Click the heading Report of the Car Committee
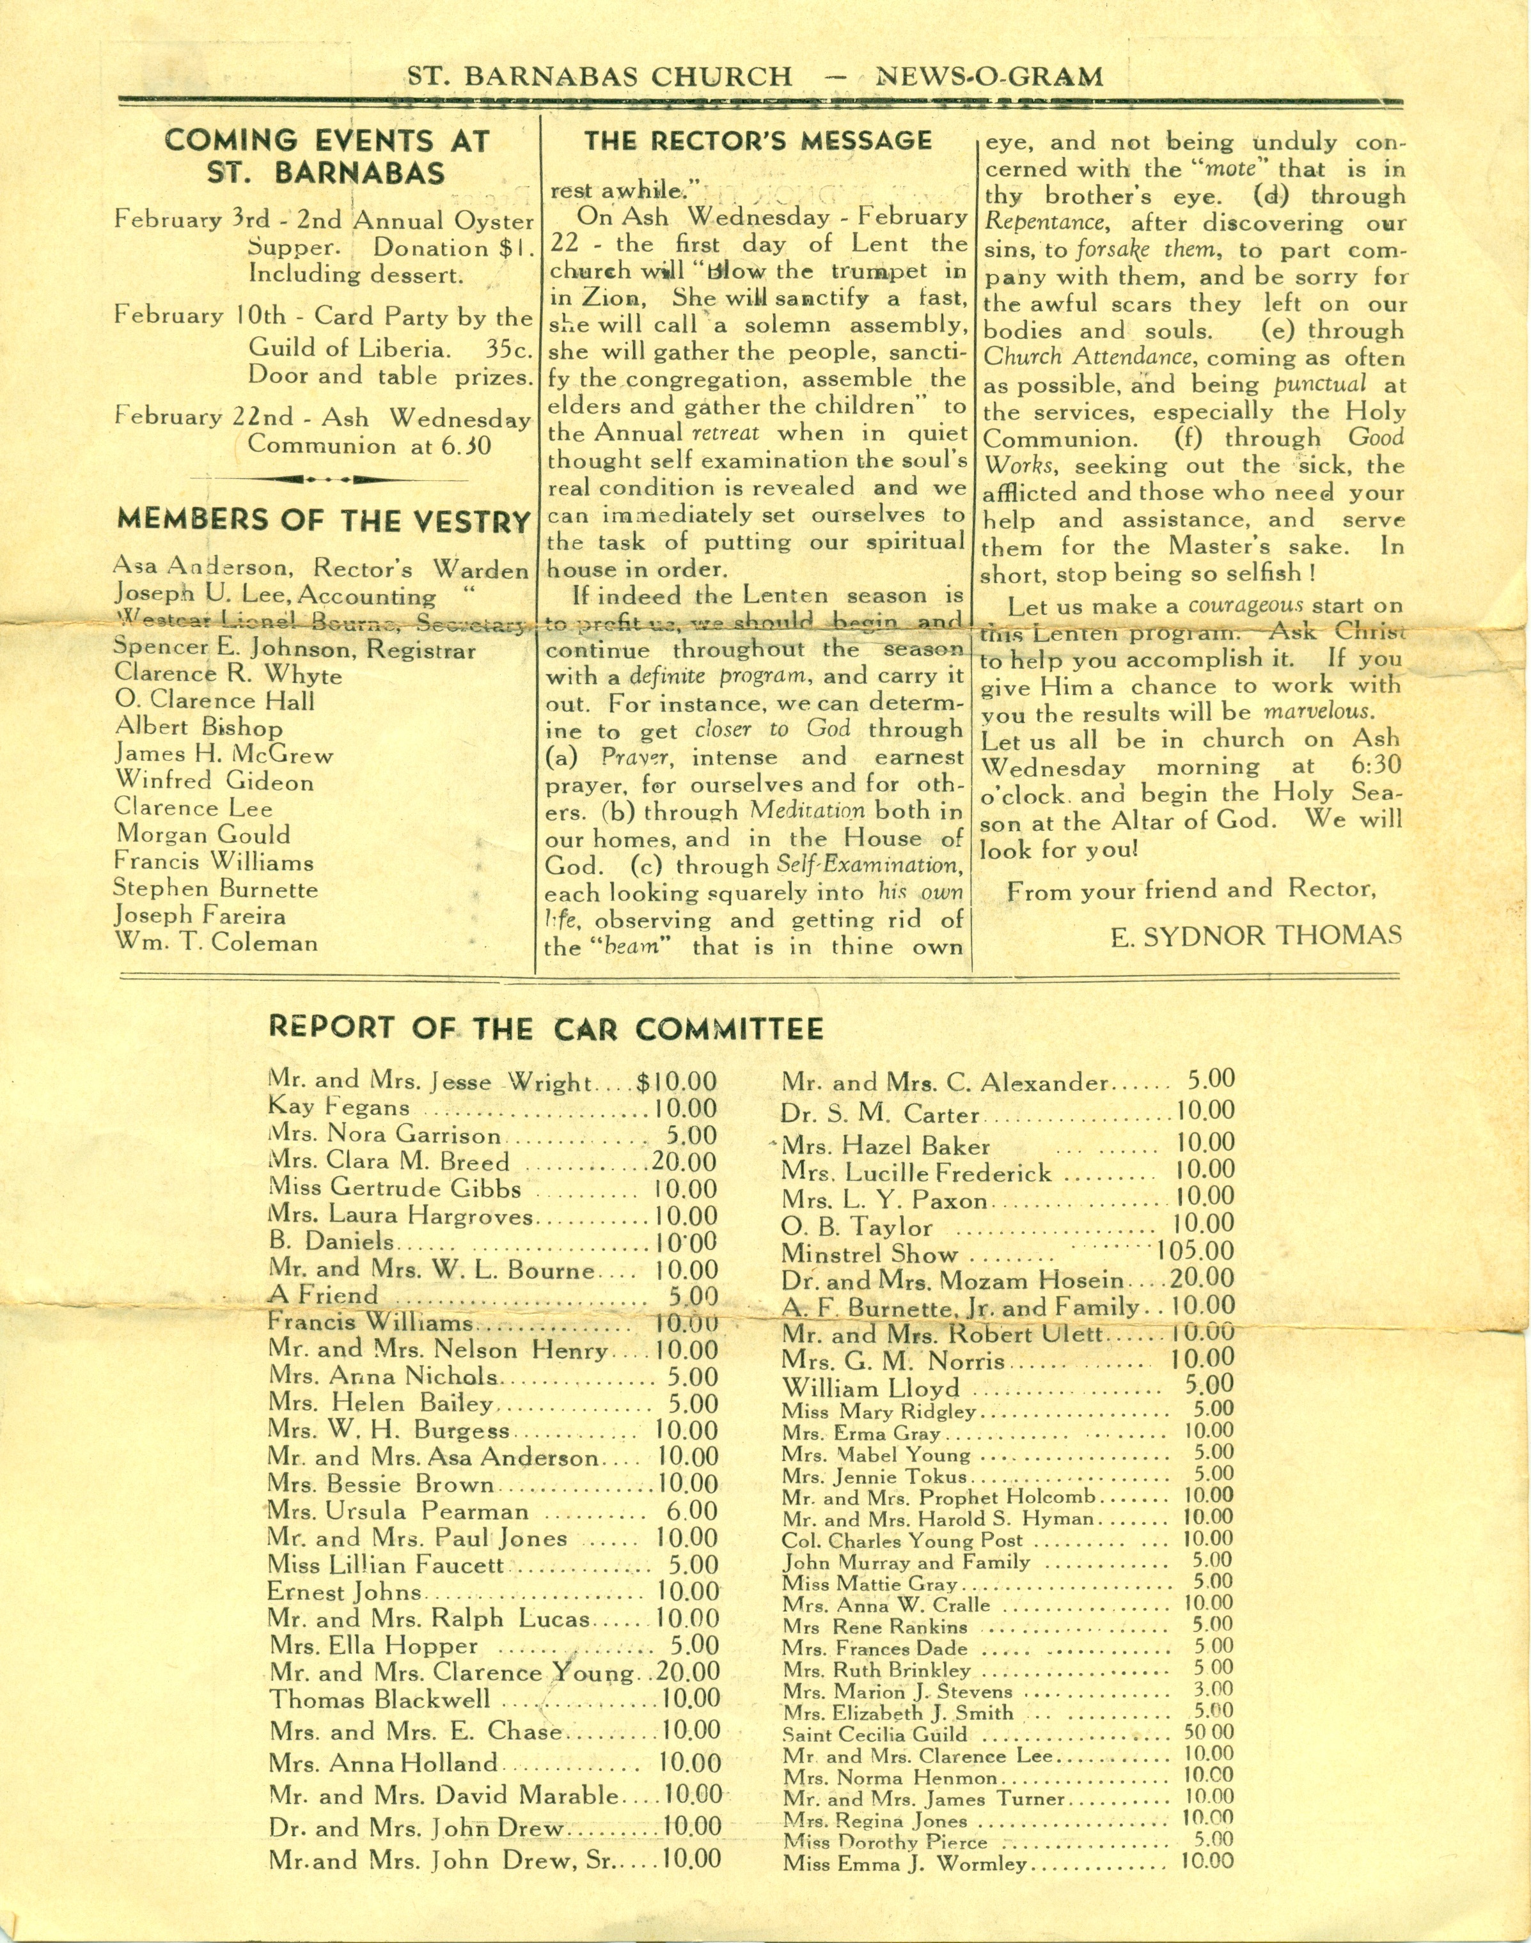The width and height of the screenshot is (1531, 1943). click(x=545, y=1028)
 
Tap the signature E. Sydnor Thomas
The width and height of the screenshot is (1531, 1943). click(x=1255, y=937)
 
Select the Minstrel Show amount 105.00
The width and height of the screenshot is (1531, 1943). click(x=1195, y=1251)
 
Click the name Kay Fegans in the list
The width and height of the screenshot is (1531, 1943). click(x=339, y=1108)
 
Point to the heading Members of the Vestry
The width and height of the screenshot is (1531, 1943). click(x=324, y=520)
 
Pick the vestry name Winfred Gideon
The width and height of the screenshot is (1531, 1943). click(x=214, y=781)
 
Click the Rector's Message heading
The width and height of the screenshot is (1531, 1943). click(x=758, y=141)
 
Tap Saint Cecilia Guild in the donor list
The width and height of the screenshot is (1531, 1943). click(x=875, y=1734)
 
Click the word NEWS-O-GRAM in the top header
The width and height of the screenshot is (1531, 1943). click(x=991, y=77)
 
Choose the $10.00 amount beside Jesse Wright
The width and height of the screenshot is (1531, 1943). click(x=677, y=1082)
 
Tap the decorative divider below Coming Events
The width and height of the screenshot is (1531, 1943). click(x=324, y=480)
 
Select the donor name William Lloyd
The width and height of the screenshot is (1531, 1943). click(x=870, y=1388)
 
